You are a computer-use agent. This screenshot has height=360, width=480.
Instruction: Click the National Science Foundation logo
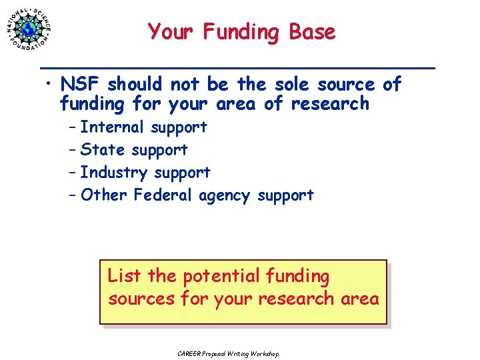point(30,29)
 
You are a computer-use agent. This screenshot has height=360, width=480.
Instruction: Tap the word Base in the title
point(312,32)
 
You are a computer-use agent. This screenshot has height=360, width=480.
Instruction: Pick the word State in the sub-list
point(103,149)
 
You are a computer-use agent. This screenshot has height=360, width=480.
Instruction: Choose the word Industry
point(114,173)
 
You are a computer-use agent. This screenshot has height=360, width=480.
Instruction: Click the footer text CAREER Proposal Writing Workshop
point(228,353)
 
